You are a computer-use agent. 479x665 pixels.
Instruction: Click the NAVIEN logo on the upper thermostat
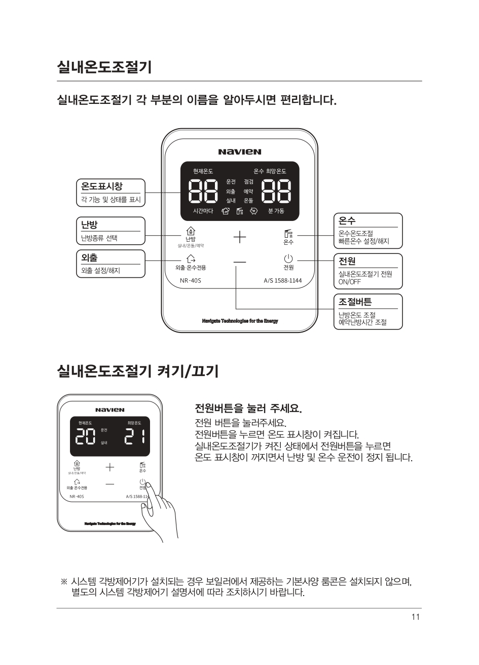240,152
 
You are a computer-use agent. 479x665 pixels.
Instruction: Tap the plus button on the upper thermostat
240,237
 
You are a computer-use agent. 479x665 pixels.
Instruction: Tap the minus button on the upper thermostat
240,262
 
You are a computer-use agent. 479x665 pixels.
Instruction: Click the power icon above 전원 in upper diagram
288,258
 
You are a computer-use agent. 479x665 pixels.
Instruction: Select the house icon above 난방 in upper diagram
191,231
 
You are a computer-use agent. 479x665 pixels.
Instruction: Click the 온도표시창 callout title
101,186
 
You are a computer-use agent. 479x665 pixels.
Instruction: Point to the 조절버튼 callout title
355,302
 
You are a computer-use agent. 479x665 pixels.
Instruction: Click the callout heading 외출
89,257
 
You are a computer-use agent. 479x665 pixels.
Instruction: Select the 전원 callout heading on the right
347,261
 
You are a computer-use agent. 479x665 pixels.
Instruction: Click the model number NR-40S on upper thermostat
191,281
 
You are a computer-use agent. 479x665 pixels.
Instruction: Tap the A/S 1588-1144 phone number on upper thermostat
283,281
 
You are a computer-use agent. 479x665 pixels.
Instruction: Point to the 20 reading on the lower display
85,436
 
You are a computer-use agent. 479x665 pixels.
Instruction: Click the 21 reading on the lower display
135,436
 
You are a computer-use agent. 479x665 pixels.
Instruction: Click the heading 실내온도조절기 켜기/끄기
138,371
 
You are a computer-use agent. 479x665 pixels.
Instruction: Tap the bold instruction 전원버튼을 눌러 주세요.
248,409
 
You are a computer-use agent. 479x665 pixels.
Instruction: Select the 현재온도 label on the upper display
203,171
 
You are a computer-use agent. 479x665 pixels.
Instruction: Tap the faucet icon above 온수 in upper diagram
288,234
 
